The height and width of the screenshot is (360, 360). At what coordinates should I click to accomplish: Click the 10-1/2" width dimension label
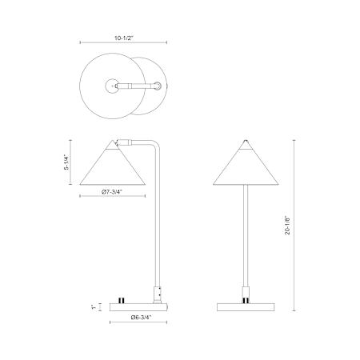[124, 38]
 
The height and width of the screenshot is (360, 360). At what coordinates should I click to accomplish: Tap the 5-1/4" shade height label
[66, 162]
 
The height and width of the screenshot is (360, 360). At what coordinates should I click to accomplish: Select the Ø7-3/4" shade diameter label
[112, 191]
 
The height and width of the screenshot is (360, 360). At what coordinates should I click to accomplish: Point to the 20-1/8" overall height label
[287, 225]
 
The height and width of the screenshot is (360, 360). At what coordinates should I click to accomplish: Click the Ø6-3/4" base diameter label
[142, 317]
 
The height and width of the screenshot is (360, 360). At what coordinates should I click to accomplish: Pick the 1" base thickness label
[94, 307]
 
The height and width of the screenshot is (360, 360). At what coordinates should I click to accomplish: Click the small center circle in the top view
[112, 86]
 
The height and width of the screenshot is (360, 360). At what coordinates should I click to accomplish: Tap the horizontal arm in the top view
[138, 86]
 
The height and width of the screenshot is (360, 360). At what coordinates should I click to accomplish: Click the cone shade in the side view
[112, 166]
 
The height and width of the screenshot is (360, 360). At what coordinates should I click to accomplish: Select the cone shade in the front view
[246, 166]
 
